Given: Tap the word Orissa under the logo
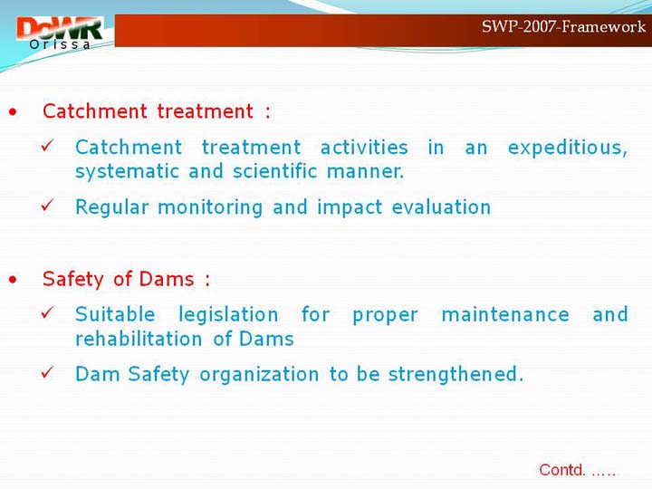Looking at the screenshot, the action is pyautogui.click(x=60, y=44).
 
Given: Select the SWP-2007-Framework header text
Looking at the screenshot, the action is pyautogui.click(x=563, y=26).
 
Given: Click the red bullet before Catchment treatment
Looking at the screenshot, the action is pyautogui.click(x=13, y=112).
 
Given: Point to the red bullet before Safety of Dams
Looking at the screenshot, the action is pyautogui.click(x=13, y=280).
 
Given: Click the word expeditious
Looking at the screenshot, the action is pyautogui.click(x=567, y=148).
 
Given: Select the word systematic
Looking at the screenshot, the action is pyautogui.click(x=128, y=172).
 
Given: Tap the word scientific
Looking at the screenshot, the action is pyautogui.click(x=274, y=171).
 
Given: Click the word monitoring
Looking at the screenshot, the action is pyautogui.click(x=210, y=208).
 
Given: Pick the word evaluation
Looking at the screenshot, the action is pyautogui.click(x=441, y=207).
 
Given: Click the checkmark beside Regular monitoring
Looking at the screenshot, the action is pyautogui.click(x=48, y=205).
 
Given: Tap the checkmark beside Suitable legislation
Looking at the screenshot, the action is pyautogui.click(x=48, y=312).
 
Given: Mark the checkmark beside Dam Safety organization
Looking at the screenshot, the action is pyautogui.click(x=48, y=372).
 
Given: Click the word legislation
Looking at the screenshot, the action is pyautogui.click(x=228, y=315).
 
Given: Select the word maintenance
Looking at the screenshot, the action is pyautogui.click(x=505, y=315).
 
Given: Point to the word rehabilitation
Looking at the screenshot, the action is pyautogui.click(x=139, y=339).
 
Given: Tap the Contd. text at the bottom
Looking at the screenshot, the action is pyautogui.click(x=577, y=470).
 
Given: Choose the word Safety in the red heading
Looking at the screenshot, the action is pyautogui.click(x=72, y=280).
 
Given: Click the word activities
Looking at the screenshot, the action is pyautogui.click(x=364, y=148).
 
